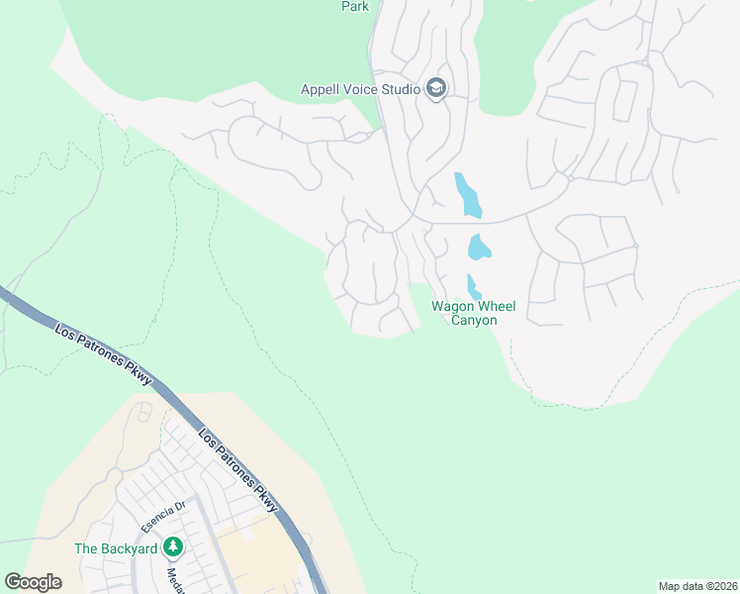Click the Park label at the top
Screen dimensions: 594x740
355,7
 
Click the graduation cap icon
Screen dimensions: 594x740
436,89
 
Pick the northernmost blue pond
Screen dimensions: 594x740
467,195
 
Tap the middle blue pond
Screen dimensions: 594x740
480,247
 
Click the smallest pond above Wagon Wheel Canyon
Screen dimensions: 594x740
473,286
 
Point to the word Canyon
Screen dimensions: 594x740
474,320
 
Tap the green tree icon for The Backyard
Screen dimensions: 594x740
173,546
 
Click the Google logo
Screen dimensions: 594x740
33,581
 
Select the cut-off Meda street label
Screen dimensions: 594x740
172,580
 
